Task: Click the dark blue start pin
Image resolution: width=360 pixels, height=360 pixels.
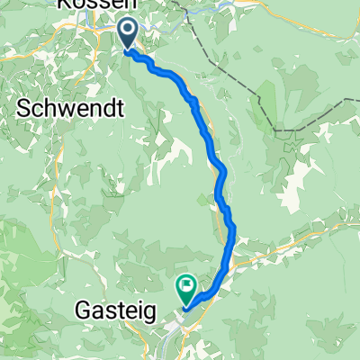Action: pos(127,33)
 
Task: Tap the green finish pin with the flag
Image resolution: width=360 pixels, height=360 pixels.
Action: pos(187,288)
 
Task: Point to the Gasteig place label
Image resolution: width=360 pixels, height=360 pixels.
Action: pos(115,311)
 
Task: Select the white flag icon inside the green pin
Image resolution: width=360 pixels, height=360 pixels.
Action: pos(187,286)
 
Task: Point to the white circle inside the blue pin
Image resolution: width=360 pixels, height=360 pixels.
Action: pos(127,31)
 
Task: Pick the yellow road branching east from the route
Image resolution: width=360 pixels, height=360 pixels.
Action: pos(288,236)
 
